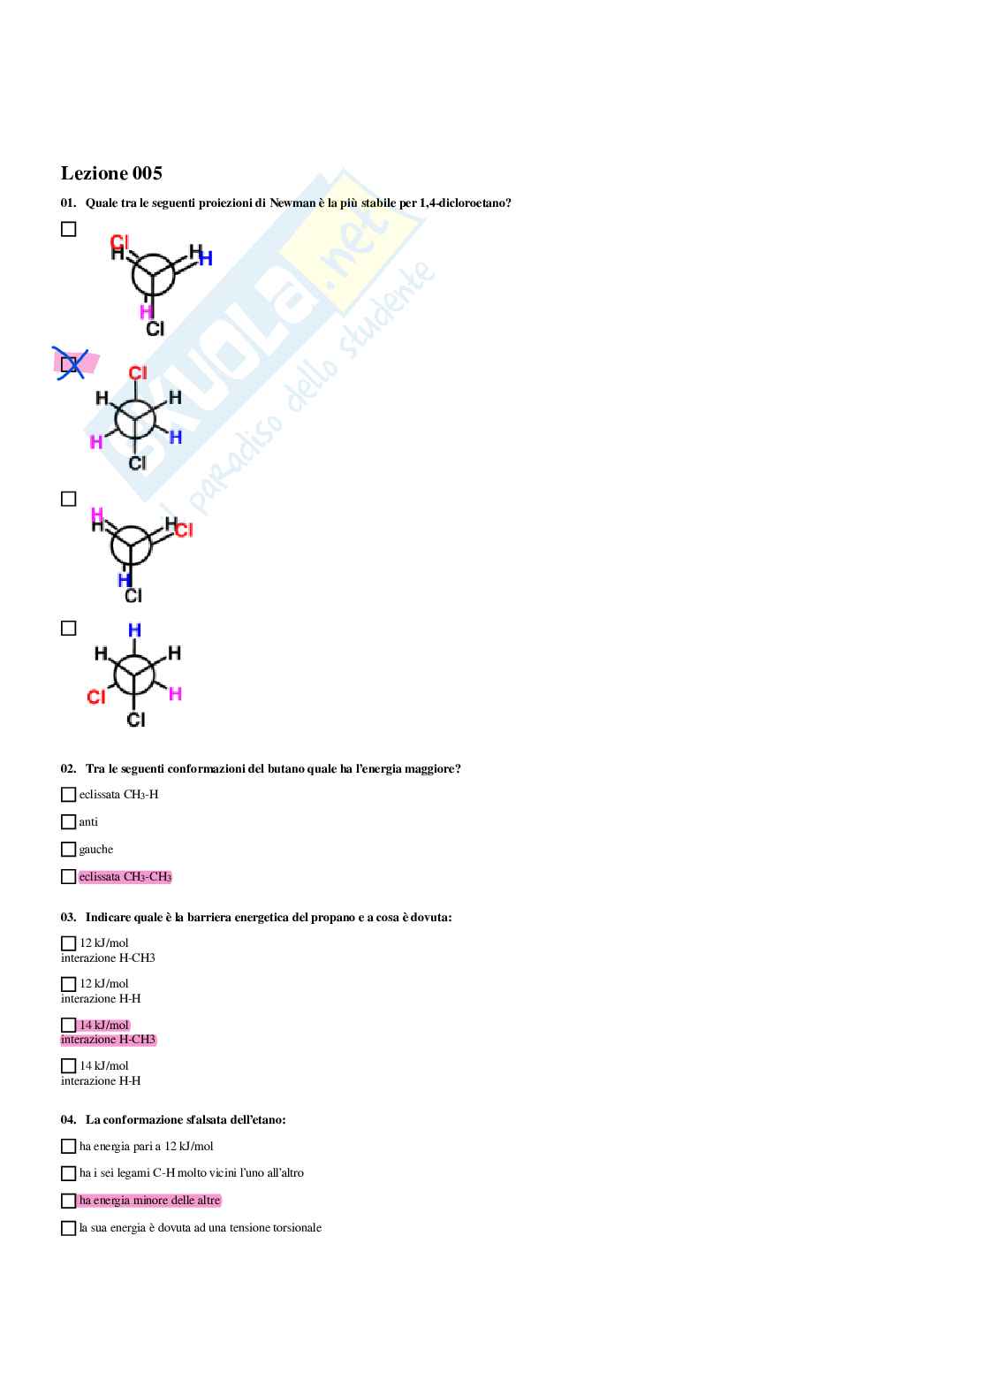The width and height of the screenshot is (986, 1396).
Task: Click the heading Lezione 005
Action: pyautogui.click(x=111, y=173)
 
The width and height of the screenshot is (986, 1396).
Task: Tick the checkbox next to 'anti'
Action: pyautogui.click(x=69, y=822)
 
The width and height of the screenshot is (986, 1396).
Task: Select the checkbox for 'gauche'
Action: pyautogui.click(x=69, y=850)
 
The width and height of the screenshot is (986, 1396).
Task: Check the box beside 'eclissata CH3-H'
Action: pyautogui.click(x=69, y=795)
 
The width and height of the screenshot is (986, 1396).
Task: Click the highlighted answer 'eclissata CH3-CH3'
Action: pyautogui.click(x=125, y=877)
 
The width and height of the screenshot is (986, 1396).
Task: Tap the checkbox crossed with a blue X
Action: pyautogui.click(x=69, y=364)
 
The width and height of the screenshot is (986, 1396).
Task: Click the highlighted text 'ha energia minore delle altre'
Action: pyautogui.click(x=149, y=1201)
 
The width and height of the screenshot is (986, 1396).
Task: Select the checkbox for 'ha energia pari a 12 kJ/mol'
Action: pyautogui.click(x=69, y=1146)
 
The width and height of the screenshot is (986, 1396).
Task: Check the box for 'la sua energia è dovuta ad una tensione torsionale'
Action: pyautogui.click(x=69, y=1228)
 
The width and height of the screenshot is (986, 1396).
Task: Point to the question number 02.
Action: pyautogui.click(x=68, y=768)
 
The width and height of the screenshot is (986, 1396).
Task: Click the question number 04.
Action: pyautogui.click(x=68, y=1120)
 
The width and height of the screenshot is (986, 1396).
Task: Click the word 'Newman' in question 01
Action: pyautogui.click(x=292, y=203)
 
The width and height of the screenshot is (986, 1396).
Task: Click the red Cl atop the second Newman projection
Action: pyautogui.click(x=138, y=373)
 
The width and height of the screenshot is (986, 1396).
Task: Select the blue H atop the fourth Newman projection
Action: pyautogui.click(x=134, y=630)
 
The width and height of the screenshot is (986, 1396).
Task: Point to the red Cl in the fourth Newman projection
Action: pyautogui.click(x=96, y=697)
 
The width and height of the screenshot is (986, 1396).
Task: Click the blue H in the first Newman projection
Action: pyautogui.click(x=206, y=258)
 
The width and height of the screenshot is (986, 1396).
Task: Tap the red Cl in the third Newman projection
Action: pyautogui.click(x=184, y=530)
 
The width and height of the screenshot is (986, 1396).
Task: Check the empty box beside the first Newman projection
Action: pyautogui.click(x=69, y=229)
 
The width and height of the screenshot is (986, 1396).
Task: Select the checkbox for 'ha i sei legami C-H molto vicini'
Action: pyautogui.click(x=69, y=1173)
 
